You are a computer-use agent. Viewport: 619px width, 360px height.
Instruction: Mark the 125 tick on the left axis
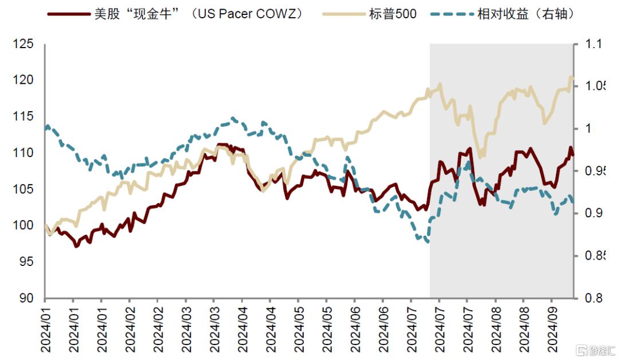25,44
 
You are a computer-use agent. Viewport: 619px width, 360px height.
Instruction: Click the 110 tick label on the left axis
25,153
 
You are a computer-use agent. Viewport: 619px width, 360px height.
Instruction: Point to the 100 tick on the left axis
25,226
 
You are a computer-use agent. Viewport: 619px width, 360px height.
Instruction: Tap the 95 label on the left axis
28,262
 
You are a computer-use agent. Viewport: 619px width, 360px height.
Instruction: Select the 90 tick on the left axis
28,298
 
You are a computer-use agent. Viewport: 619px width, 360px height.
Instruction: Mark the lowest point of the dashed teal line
427,242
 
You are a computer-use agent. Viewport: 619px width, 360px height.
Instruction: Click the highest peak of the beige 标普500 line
571,77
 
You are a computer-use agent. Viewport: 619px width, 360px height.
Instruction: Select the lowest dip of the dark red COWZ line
76,246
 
